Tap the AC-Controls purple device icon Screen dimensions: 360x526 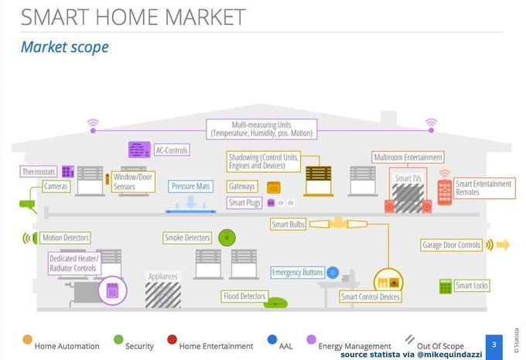point(139,150)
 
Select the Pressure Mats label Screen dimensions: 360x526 point(192,186)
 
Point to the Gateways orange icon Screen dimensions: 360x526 point(273,187)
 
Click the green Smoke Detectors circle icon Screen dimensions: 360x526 point(226,237)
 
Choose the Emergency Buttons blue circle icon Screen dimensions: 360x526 point(333,273)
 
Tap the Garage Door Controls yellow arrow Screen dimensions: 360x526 point(502,245)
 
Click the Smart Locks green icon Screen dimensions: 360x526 point(446,286)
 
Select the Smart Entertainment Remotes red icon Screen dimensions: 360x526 point(445,190)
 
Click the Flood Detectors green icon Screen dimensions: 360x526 point(275,303)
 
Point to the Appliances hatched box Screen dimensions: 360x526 point(163,295)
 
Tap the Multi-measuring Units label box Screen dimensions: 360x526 point(262,129)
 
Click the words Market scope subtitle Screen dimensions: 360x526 point(65,47)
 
